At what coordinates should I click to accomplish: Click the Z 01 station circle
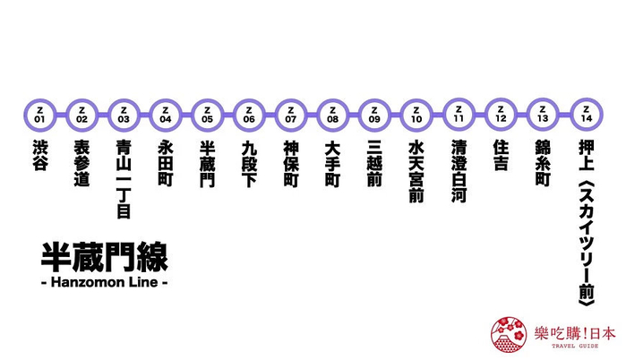pos(39,114)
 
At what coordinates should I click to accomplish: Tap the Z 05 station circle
pos(208,114)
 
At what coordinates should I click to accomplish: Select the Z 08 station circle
pos(332,114)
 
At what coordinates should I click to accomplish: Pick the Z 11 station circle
pos(459,114)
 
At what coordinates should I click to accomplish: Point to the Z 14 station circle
pos(586,114)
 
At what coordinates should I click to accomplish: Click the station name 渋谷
pos(39,153)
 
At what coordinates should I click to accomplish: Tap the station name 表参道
pos(81,161)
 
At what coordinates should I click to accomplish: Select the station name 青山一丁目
pos(124,178)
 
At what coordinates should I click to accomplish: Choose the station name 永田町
pos(165,161)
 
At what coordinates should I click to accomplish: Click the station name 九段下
pos(249,161)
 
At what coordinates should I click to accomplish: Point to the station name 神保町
pos(290,161)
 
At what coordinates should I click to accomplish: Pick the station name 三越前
pos(374,161)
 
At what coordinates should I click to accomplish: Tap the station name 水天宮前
pos(416,170)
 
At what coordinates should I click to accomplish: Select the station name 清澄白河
pos(459,170)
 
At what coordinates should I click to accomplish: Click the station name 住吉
pos(501,153)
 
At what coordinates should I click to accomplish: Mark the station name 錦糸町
pos(543,161)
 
